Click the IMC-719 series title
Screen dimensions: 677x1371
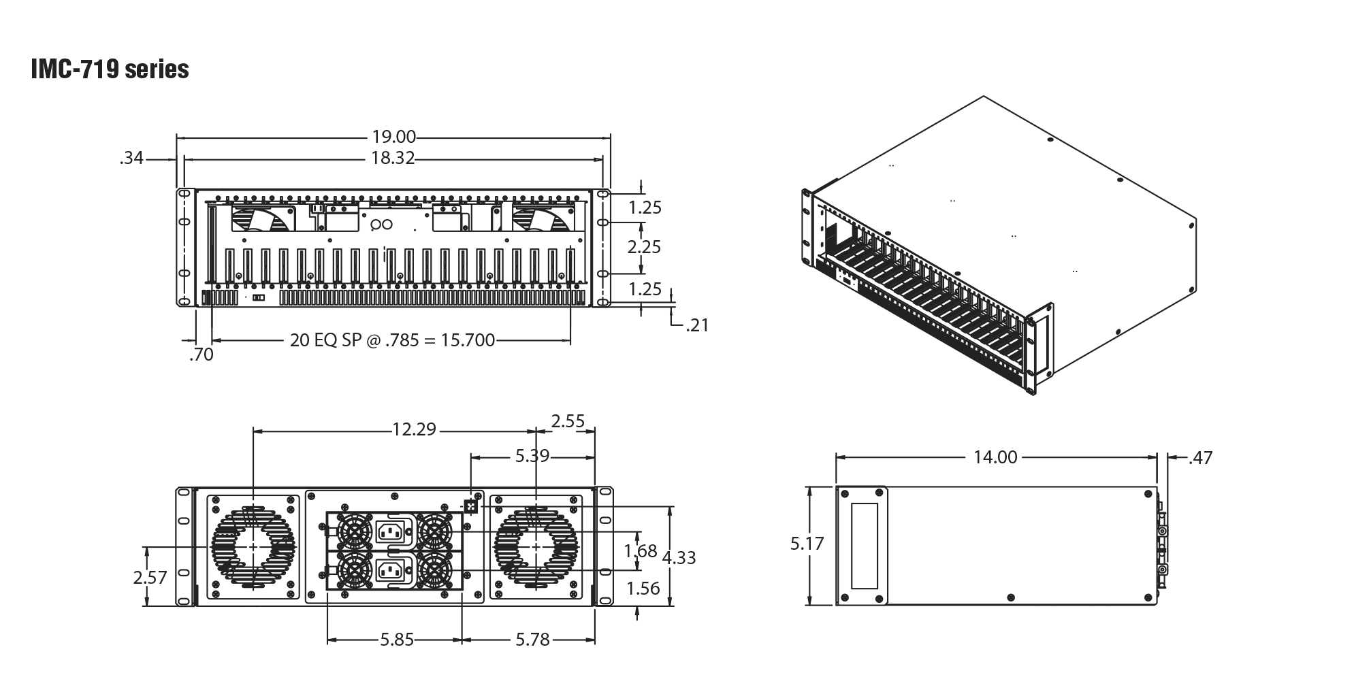coord(110,71)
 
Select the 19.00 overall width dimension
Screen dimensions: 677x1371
coord(394,137)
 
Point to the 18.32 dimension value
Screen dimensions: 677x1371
coord(393,159)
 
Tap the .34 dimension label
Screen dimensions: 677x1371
coord(131,159)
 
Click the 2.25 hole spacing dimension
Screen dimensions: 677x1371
coord(644,246)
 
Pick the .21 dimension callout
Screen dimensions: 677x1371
coord(696,326)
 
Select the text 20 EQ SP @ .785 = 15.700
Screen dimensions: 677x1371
coord(392,340)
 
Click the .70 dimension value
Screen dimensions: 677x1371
coord(201,354)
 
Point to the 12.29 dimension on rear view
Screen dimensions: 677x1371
coord(413,430)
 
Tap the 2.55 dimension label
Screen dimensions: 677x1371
coord(568,421)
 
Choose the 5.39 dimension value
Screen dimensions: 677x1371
coord(532,456)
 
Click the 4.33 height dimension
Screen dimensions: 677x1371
coord(679,558)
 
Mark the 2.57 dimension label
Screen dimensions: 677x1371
coord(150,578)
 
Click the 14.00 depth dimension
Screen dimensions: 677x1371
coord(995,457)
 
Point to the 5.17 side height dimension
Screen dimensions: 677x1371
coord(807,544)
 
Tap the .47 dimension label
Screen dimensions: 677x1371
coord(1199,458)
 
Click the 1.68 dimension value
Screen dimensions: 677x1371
coord(640,549)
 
